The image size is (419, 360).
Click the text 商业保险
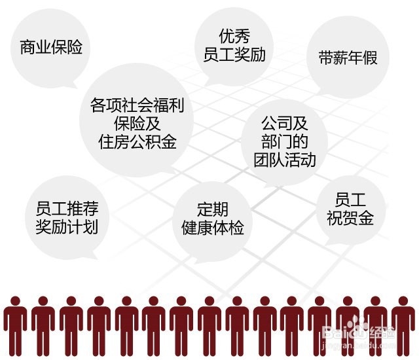[51, 48]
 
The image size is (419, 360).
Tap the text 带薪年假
[348, 57]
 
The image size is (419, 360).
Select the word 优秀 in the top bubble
[234, 35]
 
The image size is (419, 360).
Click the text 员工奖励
[234, 54]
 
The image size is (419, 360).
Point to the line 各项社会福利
[136, 105]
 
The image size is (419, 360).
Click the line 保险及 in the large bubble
[136, 124]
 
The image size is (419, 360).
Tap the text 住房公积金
[136, 142]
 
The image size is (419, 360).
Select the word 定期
[212, 209]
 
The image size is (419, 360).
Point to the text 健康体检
[212, 228]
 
